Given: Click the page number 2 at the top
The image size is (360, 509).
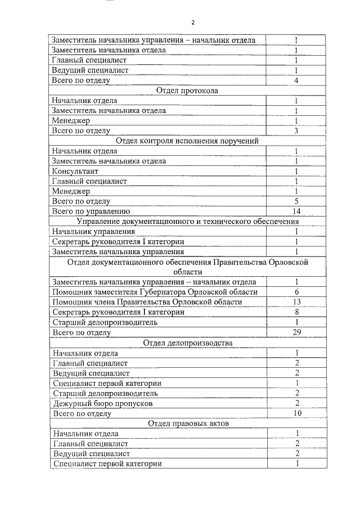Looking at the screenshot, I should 192,22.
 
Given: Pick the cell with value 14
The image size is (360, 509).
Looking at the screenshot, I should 296,211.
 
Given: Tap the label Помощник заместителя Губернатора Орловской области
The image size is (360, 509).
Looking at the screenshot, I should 155,292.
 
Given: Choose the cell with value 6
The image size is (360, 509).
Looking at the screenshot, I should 296,292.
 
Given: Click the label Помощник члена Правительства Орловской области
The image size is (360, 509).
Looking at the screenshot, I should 147,302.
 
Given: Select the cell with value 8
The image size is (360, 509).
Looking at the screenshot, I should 296,312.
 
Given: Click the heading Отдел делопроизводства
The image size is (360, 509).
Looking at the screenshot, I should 187,343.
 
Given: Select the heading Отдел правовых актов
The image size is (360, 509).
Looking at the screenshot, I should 187,424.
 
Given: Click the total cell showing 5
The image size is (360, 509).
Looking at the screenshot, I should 296,201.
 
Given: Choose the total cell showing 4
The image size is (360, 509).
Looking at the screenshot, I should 296,80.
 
